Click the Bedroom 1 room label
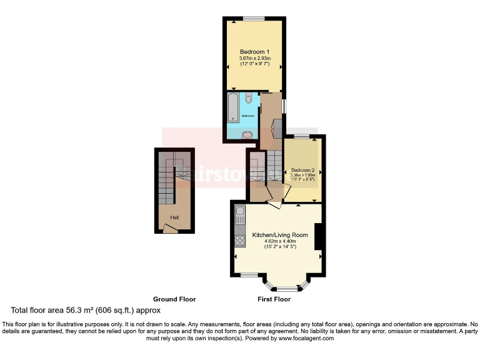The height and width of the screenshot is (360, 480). click(x=254, y=51)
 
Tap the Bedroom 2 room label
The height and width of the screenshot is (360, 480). click(x=302, y=170)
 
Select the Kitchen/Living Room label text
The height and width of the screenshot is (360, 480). click(x=280, y=235)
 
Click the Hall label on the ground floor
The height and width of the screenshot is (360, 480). click(x=174, y=217)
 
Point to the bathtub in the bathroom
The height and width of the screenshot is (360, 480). click(x=232, y=107)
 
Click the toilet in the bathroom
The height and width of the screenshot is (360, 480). click(x=248, y=99)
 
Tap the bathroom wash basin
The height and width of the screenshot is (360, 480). click(x=247, y=134)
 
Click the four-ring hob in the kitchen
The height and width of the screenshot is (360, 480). click(x=239, y=240)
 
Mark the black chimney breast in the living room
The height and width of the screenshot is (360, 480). click(x=318, y=236)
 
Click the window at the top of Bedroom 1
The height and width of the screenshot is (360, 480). click(x=254, y=19)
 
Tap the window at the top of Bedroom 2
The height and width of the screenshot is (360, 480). click(x=302, y=136)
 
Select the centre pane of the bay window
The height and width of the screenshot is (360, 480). click(x=287, y=289)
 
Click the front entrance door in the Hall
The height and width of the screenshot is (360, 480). click(x=169, y=229)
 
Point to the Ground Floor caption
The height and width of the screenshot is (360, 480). click(x=174, y=299)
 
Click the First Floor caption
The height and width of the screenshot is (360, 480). click(x=274, y=299)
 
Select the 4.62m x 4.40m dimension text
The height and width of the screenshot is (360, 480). click(x=280, y=241)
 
